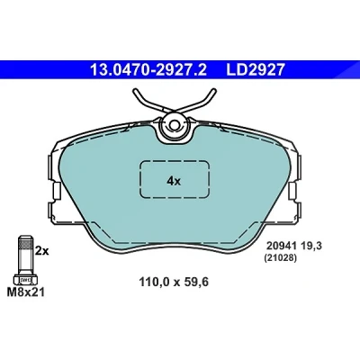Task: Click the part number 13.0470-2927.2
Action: pos(148,70)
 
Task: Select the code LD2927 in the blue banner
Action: pos(255,70)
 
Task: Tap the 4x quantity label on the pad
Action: pos(174,181)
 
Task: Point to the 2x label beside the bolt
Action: pos(41,251)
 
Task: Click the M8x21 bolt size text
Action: pos(26,292)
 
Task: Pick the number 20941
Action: pos(280,247)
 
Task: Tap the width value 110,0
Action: pos(154,282)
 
